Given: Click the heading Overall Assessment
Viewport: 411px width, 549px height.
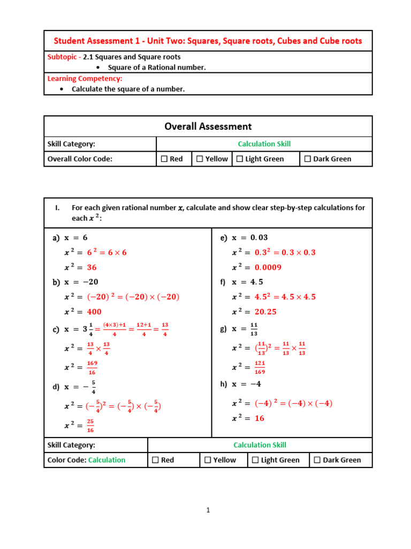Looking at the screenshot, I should pos(208,127).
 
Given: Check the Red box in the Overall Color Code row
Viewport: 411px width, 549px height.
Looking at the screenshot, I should pos(164,159).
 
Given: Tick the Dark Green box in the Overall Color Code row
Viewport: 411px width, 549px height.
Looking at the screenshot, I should pos(308,159).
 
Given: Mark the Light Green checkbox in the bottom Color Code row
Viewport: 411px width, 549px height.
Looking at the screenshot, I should pos(255,460).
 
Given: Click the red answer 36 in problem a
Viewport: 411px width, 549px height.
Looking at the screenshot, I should pos(92,268).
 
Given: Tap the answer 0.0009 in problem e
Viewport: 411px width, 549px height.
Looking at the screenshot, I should pos(268,268).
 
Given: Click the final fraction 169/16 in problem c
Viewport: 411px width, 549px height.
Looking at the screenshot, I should pos(92,367).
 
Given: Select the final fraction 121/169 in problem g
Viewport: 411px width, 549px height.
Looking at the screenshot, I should pos(260,367).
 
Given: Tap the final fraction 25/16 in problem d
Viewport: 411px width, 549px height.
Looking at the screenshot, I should pos(90,426).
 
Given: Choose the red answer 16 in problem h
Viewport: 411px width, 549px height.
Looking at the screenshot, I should pos(260,418).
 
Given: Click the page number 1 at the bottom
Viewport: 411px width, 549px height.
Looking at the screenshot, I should pos(208,510).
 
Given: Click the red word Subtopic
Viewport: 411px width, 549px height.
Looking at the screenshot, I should pos(63,57).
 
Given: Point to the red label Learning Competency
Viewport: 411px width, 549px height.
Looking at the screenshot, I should pos(85,78).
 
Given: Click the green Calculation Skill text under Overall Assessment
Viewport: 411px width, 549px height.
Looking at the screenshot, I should pos(264,144).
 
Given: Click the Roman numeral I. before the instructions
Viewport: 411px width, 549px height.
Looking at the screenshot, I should pos(57,208).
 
